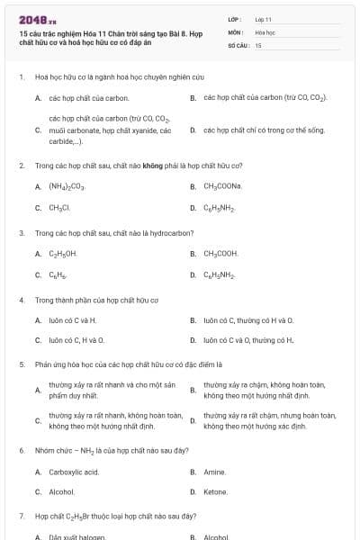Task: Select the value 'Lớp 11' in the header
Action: click(264, 19)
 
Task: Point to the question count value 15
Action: click(258, 44)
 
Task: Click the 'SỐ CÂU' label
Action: click(237, 44)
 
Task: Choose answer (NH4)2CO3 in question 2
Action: click(67, 186)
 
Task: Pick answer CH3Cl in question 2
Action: click(59, 208)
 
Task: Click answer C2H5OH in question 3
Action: click(63, 254)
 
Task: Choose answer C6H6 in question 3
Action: click(58, 275)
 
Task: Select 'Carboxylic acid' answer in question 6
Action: click(74, 471)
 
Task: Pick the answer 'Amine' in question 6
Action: click(214, 471)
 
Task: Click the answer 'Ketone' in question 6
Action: click(216, 492)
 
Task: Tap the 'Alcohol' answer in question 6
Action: click(62, 492)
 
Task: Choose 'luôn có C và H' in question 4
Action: click(73, 320)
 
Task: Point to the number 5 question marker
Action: click(21, 364)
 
